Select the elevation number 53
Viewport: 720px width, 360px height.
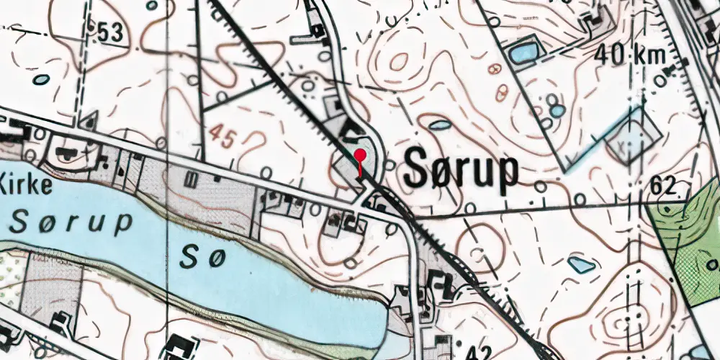coord(109,32)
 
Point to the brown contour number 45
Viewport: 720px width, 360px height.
coord(222,135)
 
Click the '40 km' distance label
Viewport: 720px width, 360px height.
coord(631,55)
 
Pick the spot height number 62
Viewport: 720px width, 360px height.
coord(663,186)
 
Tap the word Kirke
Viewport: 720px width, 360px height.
coord(26,185)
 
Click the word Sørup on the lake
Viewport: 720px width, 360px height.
coord(72,222)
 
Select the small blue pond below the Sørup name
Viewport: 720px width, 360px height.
coord(581,264)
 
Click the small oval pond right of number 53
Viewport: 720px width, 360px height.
coord(42,79)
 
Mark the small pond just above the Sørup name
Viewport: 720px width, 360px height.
coord(438,125)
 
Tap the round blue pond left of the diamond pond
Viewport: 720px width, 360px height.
coord(557,111)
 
